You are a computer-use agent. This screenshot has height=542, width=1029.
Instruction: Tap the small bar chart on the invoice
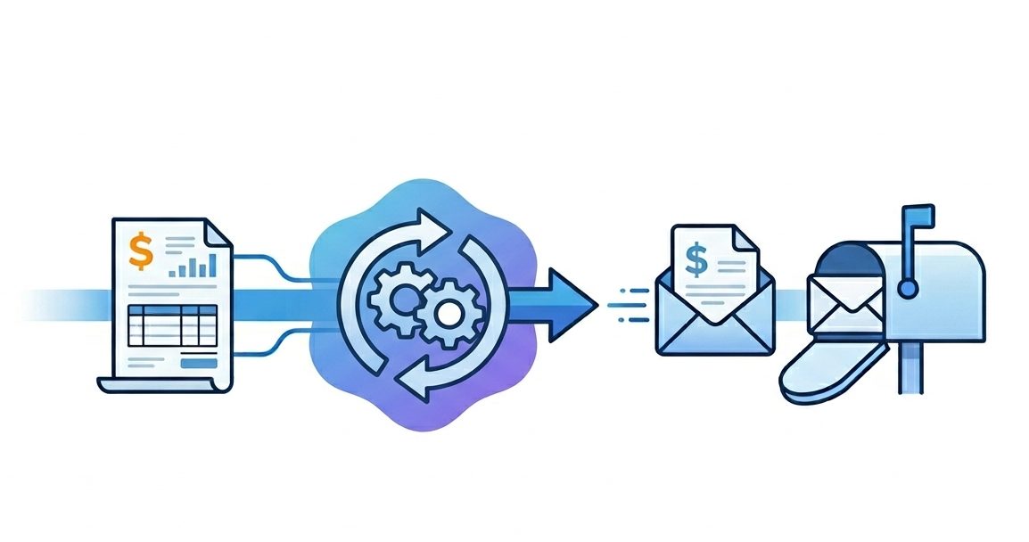coord(193,265)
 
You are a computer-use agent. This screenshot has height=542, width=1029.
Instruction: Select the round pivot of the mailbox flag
coord(908,288)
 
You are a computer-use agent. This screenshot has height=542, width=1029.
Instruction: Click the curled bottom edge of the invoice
coord(161,384)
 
